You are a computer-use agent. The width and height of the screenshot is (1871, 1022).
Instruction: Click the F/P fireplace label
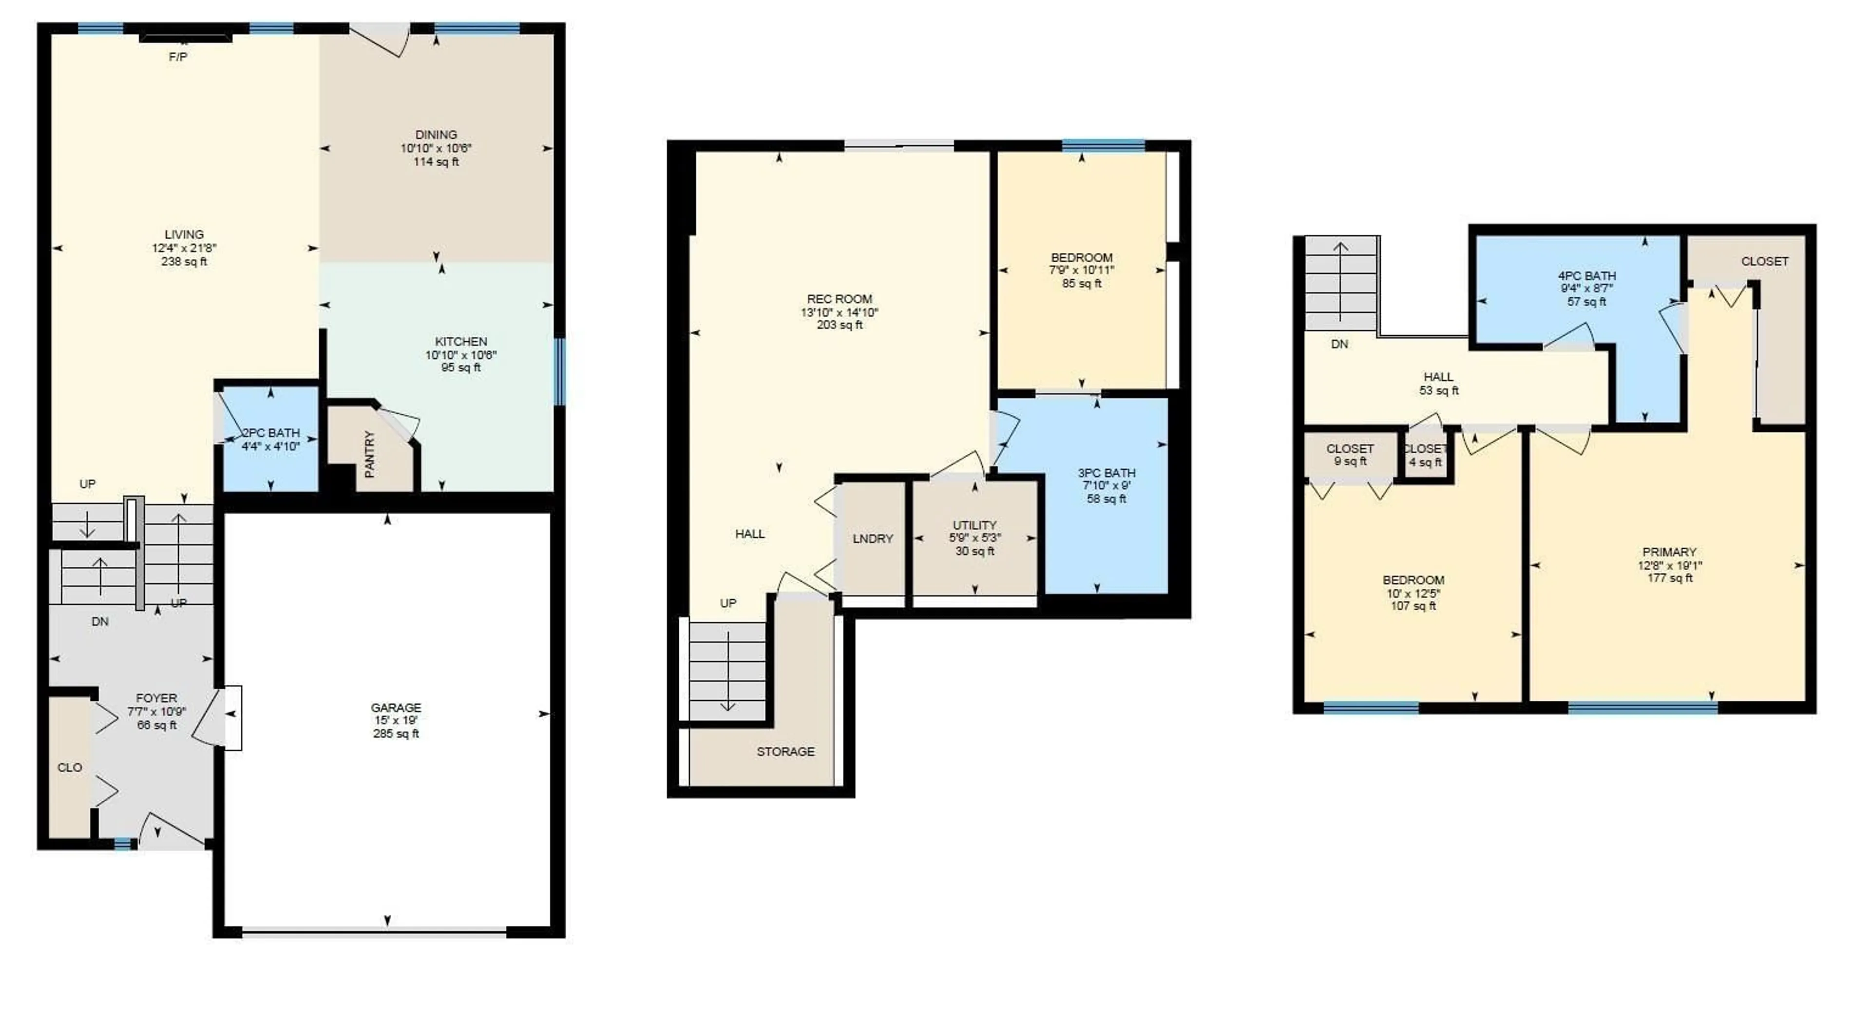(x=178, y=57)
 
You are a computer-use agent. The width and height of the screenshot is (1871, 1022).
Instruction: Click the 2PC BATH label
(x=271, y=433)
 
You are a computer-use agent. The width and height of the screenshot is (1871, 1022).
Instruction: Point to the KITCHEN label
(x=460, y=341)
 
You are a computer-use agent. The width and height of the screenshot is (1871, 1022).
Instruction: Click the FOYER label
(x=156, y=698)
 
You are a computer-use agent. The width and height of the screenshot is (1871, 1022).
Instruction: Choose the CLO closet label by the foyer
(x=70, y=767)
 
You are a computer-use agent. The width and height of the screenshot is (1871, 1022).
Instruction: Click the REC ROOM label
(x=839, y=299)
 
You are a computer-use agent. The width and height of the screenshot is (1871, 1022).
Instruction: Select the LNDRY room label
(x=872, y=538)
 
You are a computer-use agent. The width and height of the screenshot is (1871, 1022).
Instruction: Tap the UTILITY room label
(x=974, y=524)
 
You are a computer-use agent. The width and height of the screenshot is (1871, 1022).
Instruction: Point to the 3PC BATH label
(x=1106, y=473)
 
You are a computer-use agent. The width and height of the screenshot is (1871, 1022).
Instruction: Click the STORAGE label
(x=785, y=751)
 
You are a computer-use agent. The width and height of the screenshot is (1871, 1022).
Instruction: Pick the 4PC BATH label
(x=1586, y=275)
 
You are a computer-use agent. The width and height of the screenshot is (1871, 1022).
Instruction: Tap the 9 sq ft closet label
(x=1350, y=461)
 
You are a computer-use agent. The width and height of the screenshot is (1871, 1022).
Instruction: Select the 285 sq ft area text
(x=396, y=733)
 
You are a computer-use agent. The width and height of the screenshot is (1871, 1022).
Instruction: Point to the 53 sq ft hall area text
(x=1438, y=390)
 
